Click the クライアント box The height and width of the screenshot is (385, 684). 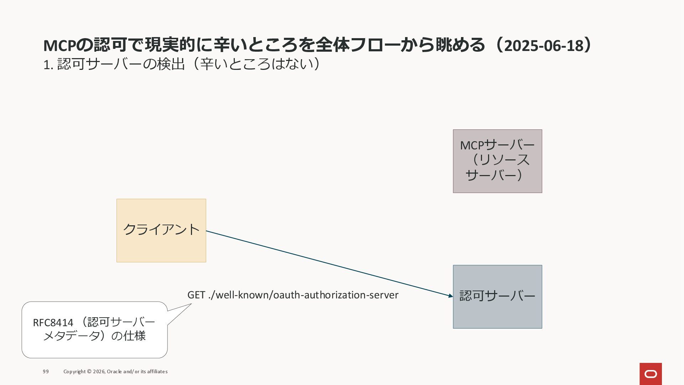[161, 231]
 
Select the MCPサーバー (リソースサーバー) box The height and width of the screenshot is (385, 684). [497, 161]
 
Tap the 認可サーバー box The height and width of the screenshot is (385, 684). [497, 297]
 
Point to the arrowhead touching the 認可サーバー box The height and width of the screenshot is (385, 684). [451, 296]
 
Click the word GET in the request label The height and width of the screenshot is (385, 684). [196, 295]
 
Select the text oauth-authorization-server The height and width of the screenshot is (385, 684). [336, 295]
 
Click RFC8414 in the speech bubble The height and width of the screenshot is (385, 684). [53, 323]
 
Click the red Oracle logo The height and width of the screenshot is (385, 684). [651, 374]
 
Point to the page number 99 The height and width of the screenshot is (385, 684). [46, 371]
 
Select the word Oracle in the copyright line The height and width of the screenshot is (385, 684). [114, 371]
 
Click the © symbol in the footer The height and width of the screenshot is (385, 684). [89, 371]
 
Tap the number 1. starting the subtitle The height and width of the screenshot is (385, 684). [48, 65]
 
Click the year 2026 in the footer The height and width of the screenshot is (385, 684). [99, 371]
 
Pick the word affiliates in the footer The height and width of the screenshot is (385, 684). [157, 371]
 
